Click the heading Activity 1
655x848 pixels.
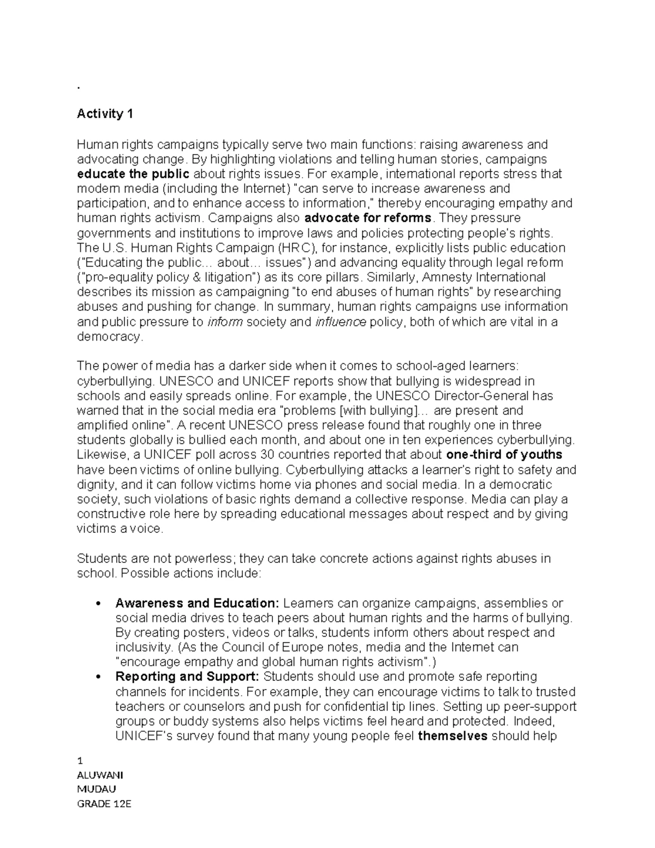click(105, 114)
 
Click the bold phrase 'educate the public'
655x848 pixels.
click(133, 174)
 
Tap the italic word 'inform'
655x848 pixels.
click(225, 322)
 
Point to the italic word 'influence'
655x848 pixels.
click(341, 322)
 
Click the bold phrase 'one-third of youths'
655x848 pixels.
click(504, 455)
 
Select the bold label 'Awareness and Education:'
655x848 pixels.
click(197, 603)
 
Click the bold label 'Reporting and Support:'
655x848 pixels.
click(187, 677)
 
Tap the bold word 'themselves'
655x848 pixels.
click(452, 736)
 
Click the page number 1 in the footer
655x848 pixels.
click(80, 761)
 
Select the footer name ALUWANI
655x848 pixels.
click(100, 775)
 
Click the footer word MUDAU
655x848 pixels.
click(96, 789)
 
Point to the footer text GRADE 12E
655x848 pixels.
click(104, 804)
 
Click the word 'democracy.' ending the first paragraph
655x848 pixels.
click(110, 336)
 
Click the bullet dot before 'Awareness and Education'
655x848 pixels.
click(98, 604)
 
